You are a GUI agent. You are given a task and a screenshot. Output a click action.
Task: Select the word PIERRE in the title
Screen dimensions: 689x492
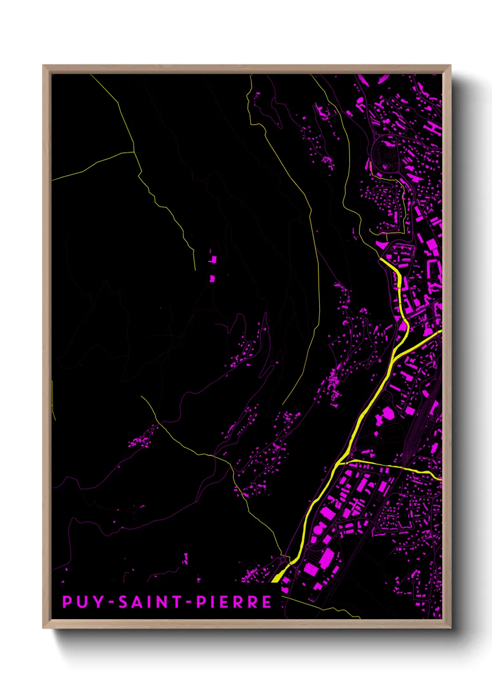[234, 602]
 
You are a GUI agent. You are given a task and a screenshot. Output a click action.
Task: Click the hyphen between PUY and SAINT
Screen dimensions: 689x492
[111, 602]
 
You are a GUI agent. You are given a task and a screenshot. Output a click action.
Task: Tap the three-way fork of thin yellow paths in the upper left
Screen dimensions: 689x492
[134, 152]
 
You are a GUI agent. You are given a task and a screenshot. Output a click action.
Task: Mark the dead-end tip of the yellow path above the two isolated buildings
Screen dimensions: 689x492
[195, 270]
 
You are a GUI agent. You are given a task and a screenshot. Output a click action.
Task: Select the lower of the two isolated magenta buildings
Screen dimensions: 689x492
[212, 278]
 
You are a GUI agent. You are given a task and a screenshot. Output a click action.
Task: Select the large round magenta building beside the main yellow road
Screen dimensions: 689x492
[386, 413]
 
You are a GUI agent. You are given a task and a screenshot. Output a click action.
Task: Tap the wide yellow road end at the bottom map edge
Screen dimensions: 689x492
[276, 579]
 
